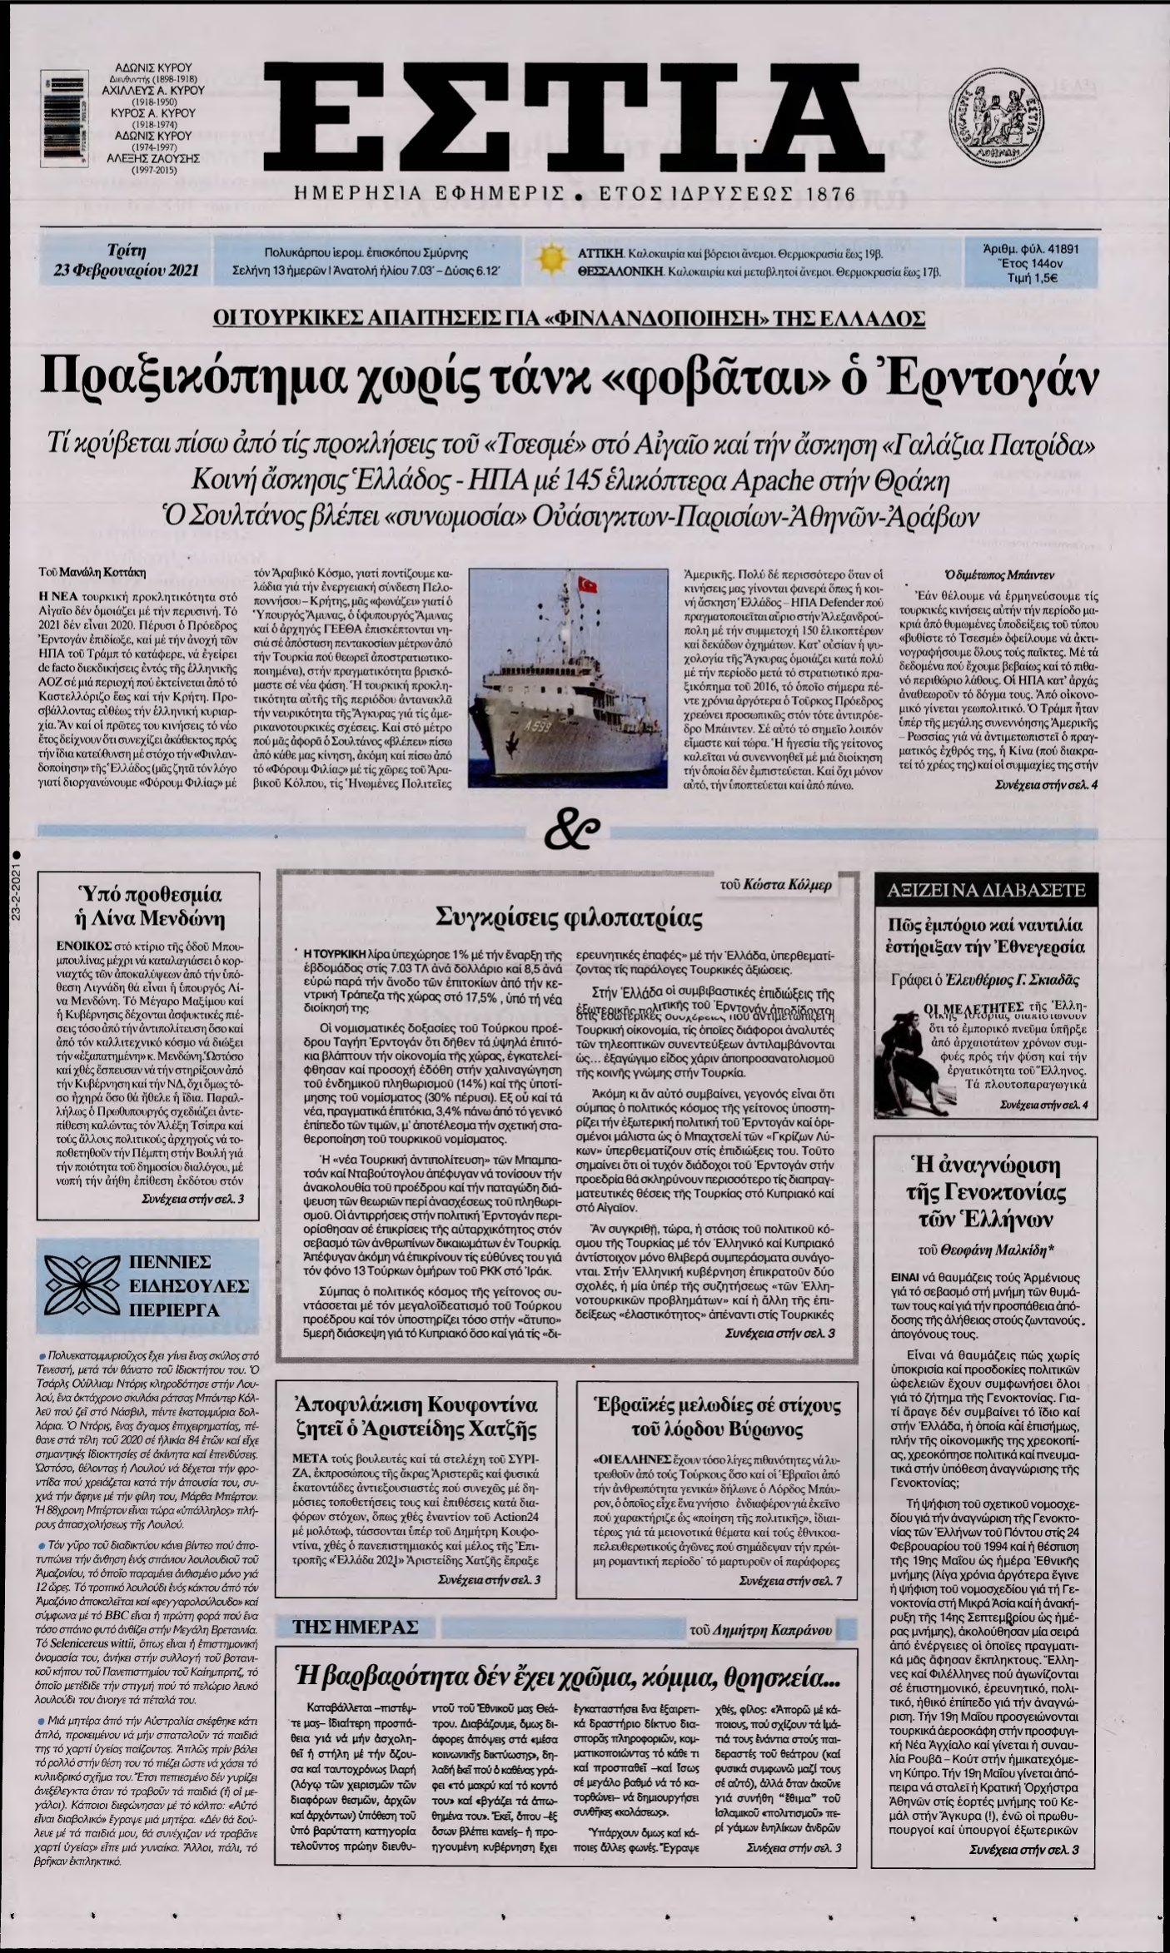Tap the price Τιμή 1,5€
(1038, 279)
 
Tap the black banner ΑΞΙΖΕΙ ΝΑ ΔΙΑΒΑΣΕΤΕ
(987, 890)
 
